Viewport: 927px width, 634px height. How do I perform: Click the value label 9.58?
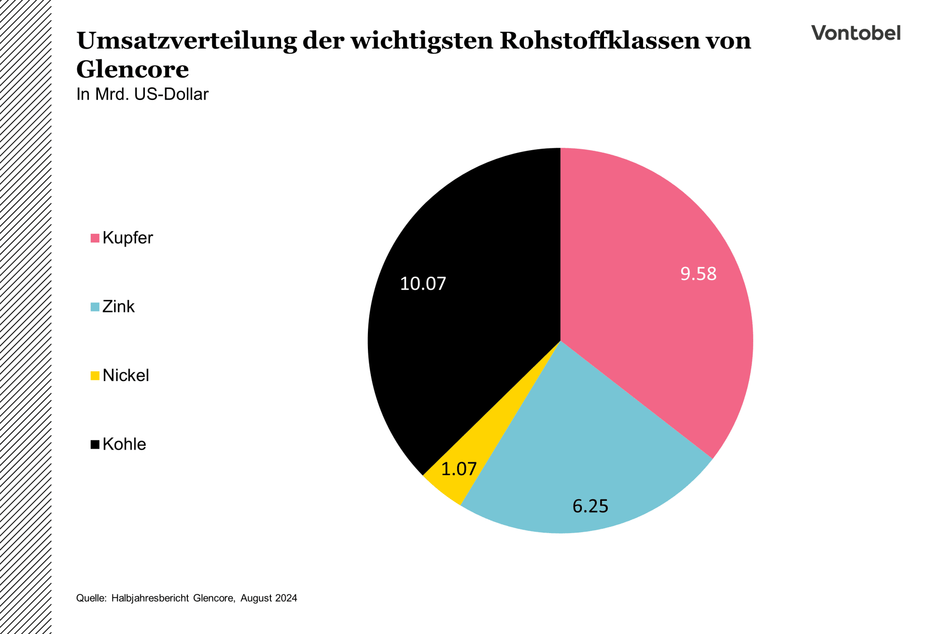698,274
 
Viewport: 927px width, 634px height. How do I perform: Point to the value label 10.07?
423,283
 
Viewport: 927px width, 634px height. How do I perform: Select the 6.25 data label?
590,506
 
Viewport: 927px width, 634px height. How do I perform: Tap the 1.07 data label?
459,469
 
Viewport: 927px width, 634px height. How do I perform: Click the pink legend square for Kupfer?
95,238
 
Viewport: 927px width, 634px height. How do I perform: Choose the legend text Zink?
118,307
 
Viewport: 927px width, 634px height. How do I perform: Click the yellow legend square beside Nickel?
95,376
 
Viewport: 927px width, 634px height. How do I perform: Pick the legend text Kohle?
124,444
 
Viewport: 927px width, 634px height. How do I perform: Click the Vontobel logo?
856,33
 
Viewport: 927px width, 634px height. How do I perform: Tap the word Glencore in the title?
132,69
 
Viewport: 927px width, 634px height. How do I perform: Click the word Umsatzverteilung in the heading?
186,41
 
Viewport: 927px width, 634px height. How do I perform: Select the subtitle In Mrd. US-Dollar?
142,94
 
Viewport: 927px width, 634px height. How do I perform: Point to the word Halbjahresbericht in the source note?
150,598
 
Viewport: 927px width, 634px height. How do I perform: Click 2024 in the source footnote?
286,598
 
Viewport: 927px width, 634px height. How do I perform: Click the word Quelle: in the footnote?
91,598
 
